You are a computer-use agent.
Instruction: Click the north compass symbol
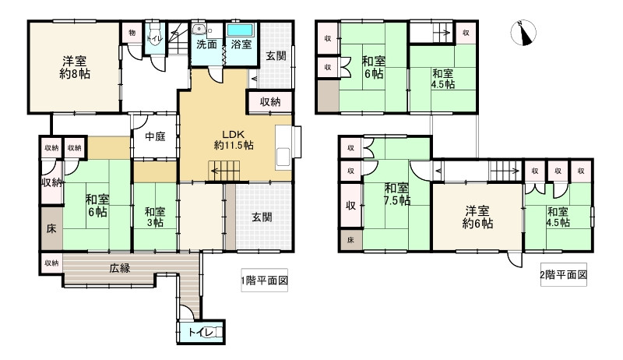pos(523,32)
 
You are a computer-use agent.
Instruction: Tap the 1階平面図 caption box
pos(264,281)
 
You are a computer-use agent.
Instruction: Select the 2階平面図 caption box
pos(563,274)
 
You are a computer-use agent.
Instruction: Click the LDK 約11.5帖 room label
pos(233,139)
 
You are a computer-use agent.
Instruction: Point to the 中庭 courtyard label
pos(155,136)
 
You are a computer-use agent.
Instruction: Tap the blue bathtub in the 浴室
pos(240,30)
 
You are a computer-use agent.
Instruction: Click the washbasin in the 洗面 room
pos(198,30)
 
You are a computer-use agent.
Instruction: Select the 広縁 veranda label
pos(120,268)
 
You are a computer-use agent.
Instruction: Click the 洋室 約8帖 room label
pos(74,68)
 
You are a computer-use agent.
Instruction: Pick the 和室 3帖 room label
pos(155,217)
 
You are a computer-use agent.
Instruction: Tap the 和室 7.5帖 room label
pos(397,193)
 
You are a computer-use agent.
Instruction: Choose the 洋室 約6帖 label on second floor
pos(477,217)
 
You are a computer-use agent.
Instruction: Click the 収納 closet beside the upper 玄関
pos(270,102)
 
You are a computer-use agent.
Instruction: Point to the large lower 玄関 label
pos(262,217)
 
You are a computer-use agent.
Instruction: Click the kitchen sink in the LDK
pos(283,155)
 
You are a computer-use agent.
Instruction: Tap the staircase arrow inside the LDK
pos(224,171)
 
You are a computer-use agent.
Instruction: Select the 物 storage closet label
pos(132,33)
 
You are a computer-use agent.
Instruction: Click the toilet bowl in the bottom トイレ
pos(211,332)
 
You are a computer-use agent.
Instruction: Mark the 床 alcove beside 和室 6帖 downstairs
pos(51,228)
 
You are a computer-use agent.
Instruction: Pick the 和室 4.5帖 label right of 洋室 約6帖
pos(558,217)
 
